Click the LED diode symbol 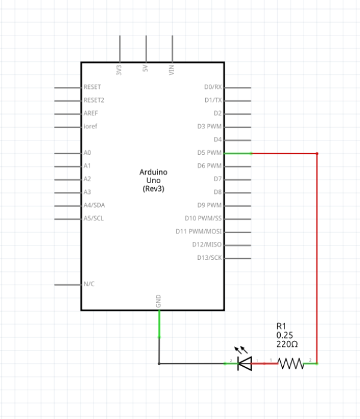245,363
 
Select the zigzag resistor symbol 291,363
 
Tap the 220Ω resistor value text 287,345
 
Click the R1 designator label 281,326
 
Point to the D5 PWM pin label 209,153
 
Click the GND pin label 159,301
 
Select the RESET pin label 92,87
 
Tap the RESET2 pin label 94,100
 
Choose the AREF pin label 91,113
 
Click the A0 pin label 88,153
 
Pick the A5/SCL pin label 94,219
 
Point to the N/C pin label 89,284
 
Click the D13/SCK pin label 209,258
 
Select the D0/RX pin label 212,87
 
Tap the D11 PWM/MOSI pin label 199,232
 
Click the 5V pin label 146,68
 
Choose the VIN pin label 172,70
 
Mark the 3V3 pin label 119,69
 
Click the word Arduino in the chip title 153,172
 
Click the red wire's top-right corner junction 317,153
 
